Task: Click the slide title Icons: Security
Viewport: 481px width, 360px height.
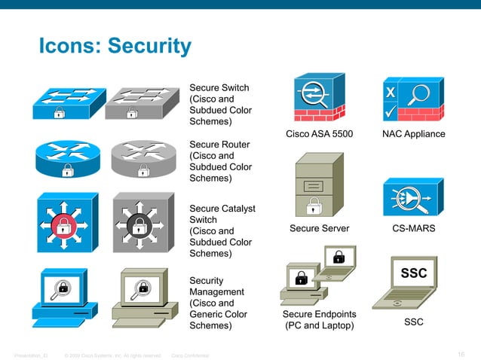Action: tap(115, 47)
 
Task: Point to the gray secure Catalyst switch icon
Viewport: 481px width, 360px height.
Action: tap(140, 224)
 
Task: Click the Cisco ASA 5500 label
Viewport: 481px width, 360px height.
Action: tap(320, 134)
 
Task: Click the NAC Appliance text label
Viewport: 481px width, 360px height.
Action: tap(413, 134)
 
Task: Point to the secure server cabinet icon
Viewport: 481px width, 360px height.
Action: tap(319, 185)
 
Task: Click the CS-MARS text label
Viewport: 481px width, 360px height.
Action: tap(413, 228)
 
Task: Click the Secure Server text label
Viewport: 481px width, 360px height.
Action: tap(320, 228)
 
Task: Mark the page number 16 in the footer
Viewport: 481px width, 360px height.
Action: tap(461, 355)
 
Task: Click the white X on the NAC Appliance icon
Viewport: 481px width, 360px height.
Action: tap(391, 92)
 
